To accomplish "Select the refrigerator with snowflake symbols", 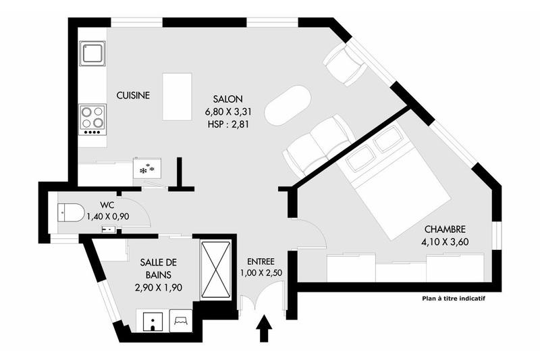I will (146, 168).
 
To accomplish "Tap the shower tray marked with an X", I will (216, 268).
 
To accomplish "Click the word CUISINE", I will (133, 96).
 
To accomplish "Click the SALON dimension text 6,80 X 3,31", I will (224, 111).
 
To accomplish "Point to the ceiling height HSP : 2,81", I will (224, 124).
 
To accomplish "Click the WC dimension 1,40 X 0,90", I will (107, 217).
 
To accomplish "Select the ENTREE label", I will (261, 261).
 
